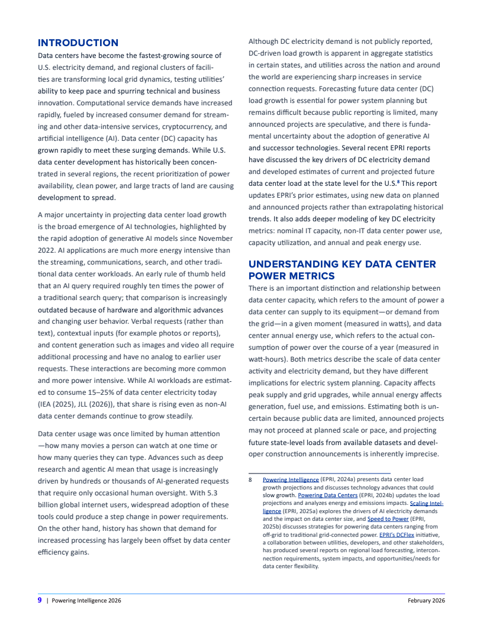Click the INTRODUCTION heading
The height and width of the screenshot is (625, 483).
click(x=78, y=43)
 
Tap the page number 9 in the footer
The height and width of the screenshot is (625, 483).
click(x=40, y=601)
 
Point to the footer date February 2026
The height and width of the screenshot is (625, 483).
click(x=426, y=601)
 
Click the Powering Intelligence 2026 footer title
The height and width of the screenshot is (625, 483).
click(x=86, y=601)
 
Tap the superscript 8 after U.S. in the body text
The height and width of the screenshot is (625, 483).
click(x=400, y=182)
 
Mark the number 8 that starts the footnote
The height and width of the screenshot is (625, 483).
click(x=250, y=479)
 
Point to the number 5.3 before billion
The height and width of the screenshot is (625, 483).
click(x=217, y=493)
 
